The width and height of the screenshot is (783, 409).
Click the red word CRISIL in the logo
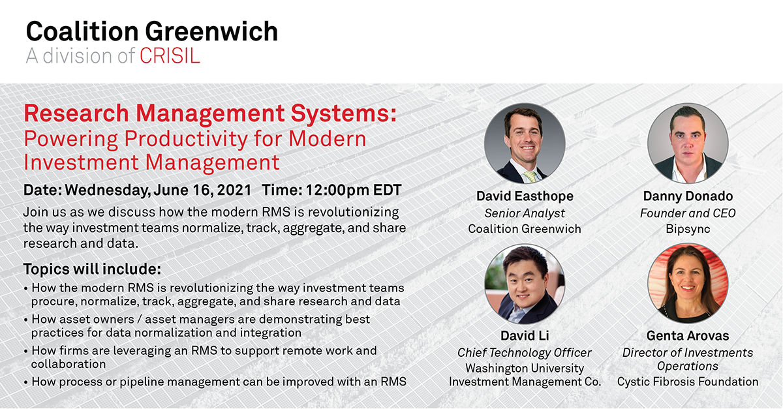170,56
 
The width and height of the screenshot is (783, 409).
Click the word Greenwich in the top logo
211,31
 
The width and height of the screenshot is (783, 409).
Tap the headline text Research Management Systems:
210,114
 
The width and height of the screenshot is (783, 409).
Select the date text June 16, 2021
202,190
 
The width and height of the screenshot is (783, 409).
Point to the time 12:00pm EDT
354,190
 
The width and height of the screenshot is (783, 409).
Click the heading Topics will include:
92,269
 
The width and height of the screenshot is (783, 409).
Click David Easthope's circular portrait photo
525,144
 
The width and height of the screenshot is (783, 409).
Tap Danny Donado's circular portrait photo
688,144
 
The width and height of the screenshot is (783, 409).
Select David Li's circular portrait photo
525,284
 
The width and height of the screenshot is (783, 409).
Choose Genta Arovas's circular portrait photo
688,284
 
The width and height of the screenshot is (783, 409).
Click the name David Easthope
525,196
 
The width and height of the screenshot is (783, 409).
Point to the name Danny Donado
688,196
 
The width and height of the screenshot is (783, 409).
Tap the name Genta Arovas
688,335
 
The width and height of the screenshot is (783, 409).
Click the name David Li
525,335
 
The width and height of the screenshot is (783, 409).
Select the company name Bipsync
688,229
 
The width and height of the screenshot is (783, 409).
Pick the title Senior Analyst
525,213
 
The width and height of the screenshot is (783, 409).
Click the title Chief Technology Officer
525,352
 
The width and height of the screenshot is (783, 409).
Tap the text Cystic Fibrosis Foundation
688,382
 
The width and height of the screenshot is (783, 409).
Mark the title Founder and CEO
688,213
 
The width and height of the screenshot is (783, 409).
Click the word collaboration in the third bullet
69,364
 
